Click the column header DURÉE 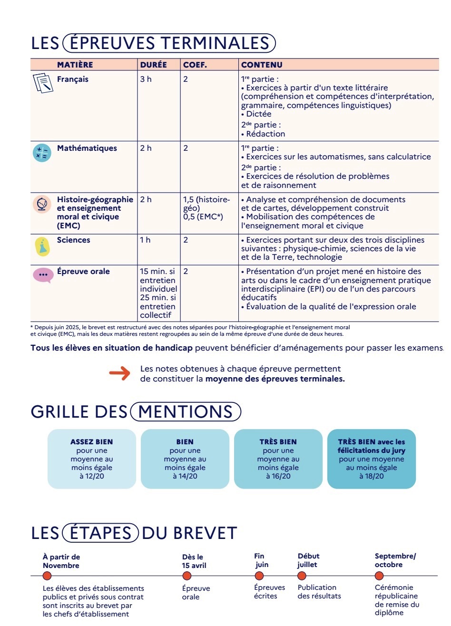153,65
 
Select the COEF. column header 195,65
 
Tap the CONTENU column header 262,65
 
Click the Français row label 73,79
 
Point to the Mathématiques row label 87,148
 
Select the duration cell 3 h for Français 146,79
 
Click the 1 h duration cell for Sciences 145,240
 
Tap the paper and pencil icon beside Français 42,83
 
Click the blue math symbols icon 42,152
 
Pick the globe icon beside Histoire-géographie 42,204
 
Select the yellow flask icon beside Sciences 42,246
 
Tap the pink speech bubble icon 43,275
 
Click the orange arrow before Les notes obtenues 120,373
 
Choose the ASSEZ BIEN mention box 92,459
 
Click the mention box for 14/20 185,459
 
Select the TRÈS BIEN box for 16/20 278,459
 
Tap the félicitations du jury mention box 372,459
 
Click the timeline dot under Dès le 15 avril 187,576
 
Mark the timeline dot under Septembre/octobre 380,576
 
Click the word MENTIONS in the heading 186,412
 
